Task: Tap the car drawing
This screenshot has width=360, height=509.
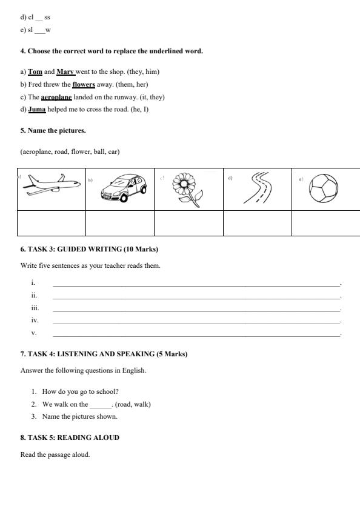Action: (123, 188)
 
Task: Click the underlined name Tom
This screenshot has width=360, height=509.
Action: (35, 72)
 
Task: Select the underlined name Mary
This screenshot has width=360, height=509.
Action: (65, 72)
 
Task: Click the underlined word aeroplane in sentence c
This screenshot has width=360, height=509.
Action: (56, 97)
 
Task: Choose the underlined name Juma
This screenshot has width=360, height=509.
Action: (37, 110)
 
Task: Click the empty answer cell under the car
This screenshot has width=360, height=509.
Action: (120, 222)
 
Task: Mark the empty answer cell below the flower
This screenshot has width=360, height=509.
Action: (188, 222)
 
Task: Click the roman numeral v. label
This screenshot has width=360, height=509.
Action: (34, 333)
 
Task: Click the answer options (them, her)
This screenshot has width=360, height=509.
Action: (132, 84)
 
